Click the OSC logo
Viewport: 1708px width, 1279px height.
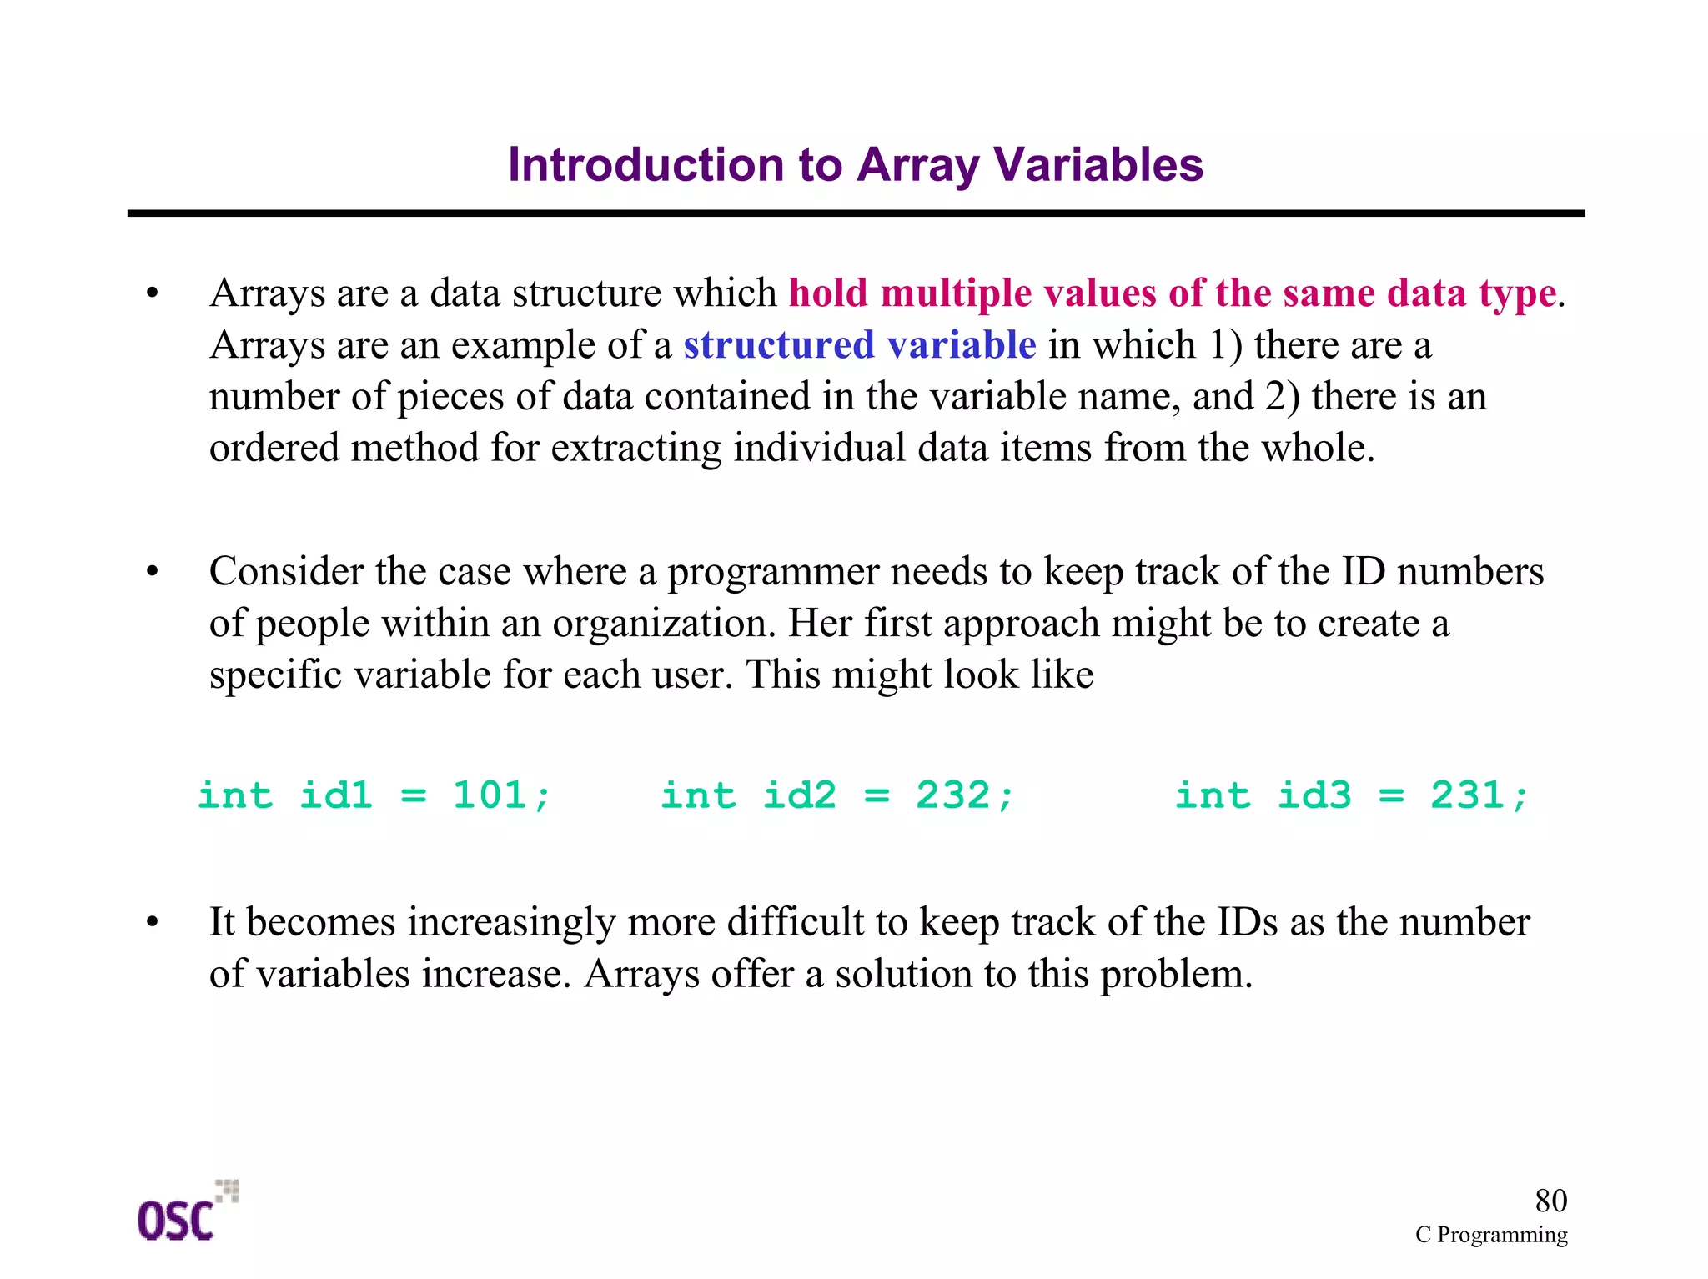tap(185, 1212)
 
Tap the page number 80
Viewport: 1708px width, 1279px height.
tap(1550, 1201)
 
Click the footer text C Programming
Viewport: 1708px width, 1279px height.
tap(1490, 1235)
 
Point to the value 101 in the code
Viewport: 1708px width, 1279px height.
tap(490, 795)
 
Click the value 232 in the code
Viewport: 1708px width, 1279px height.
tap(953, 795)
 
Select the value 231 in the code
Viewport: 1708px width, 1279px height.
tap(1468, 795)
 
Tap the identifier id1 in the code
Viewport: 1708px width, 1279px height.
tap(336, 795)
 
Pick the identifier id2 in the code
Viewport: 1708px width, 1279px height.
tap(799, 795)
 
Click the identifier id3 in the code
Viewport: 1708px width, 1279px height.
tap(1314, 795)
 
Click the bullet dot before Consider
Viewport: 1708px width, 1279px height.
tap(152, 573)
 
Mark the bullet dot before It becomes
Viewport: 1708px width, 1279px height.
tap(152, 923)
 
